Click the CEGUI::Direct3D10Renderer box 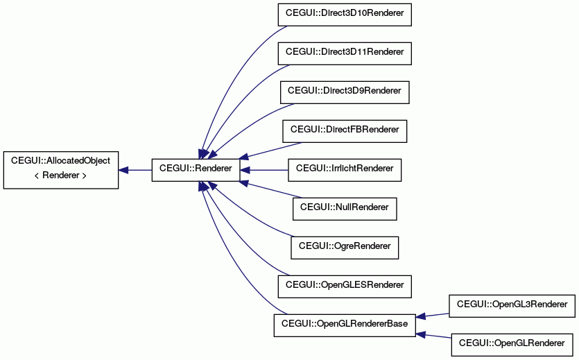[x=345, y=15]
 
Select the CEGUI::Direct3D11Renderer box [x=345, y=53]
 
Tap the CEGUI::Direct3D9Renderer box [x=345, y=92]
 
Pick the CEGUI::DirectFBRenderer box [x=345, y=131]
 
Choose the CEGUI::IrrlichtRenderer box [x=345, y=170]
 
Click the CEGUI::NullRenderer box [x=345, y=209]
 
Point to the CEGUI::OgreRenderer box [x=345, y=248]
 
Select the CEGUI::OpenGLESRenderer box [x=345, y=286]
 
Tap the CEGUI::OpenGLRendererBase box [x=345, y=325]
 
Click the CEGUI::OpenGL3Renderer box [x=512, y=306]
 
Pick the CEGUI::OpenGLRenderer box [x=512, y=345]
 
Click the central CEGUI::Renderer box [x=196, y=170]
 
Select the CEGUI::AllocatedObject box [x=61, y=170]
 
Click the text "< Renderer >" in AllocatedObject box [x=60, y=175]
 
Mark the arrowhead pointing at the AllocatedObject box [x=123, y=170]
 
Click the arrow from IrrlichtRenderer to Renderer [x=264, y=170]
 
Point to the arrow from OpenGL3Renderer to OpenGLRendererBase [x=433, y=316]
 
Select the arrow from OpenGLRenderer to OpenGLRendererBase [x=433, y=335]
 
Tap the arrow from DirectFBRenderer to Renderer [x=270, y=151]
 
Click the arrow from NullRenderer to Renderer [x=271, y=189]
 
